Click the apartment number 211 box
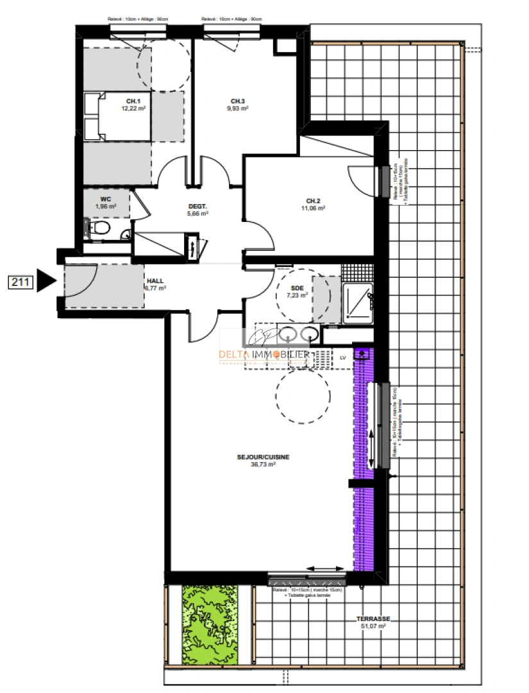click(x=21, y=281)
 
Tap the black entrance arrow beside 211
click(x=47, y=280)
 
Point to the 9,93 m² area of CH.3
click(x=238, y=109)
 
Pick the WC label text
click(x=106, y=199)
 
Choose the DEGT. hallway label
click(x=197, y=206)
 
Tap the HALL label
click(x=155, y=281)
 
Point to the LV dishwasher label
click(x=342, y=358)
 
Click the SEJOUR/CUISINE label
click(x=263, y=457)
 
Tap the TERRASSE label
click(x=373, y=619)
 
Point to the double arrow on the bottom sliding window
click(x=326, y=569)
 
